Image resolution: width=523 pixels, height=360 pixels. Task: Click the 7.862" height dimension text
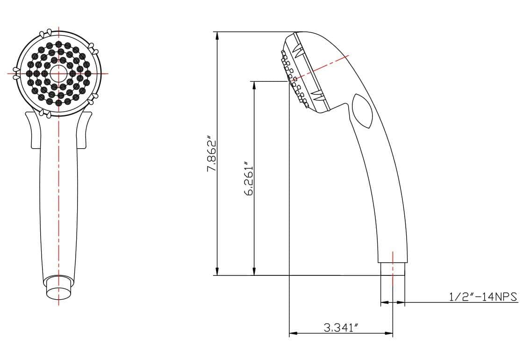[x=212, y=154]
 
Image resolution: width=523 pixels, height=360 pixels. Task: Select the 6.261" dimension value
[x=248, y=179]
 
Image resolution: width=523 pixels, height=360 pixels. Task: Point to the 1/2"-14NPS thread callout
[x=483, y=297]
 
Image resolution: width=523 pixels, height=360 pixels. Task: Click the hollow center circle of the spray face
[x=58, y=73]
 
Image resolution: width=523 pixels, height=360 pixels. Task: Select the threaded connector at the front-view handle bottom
[x=58, y=287]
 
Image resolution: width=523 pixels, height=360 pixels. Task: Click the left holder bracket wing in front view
[x=30, y=131]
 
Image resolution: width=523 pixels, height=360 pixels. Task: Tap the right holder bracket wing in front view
[x=87, y=131]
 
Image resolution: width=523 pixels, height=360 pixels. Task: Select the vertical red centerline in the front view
[x=58, y=196]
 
